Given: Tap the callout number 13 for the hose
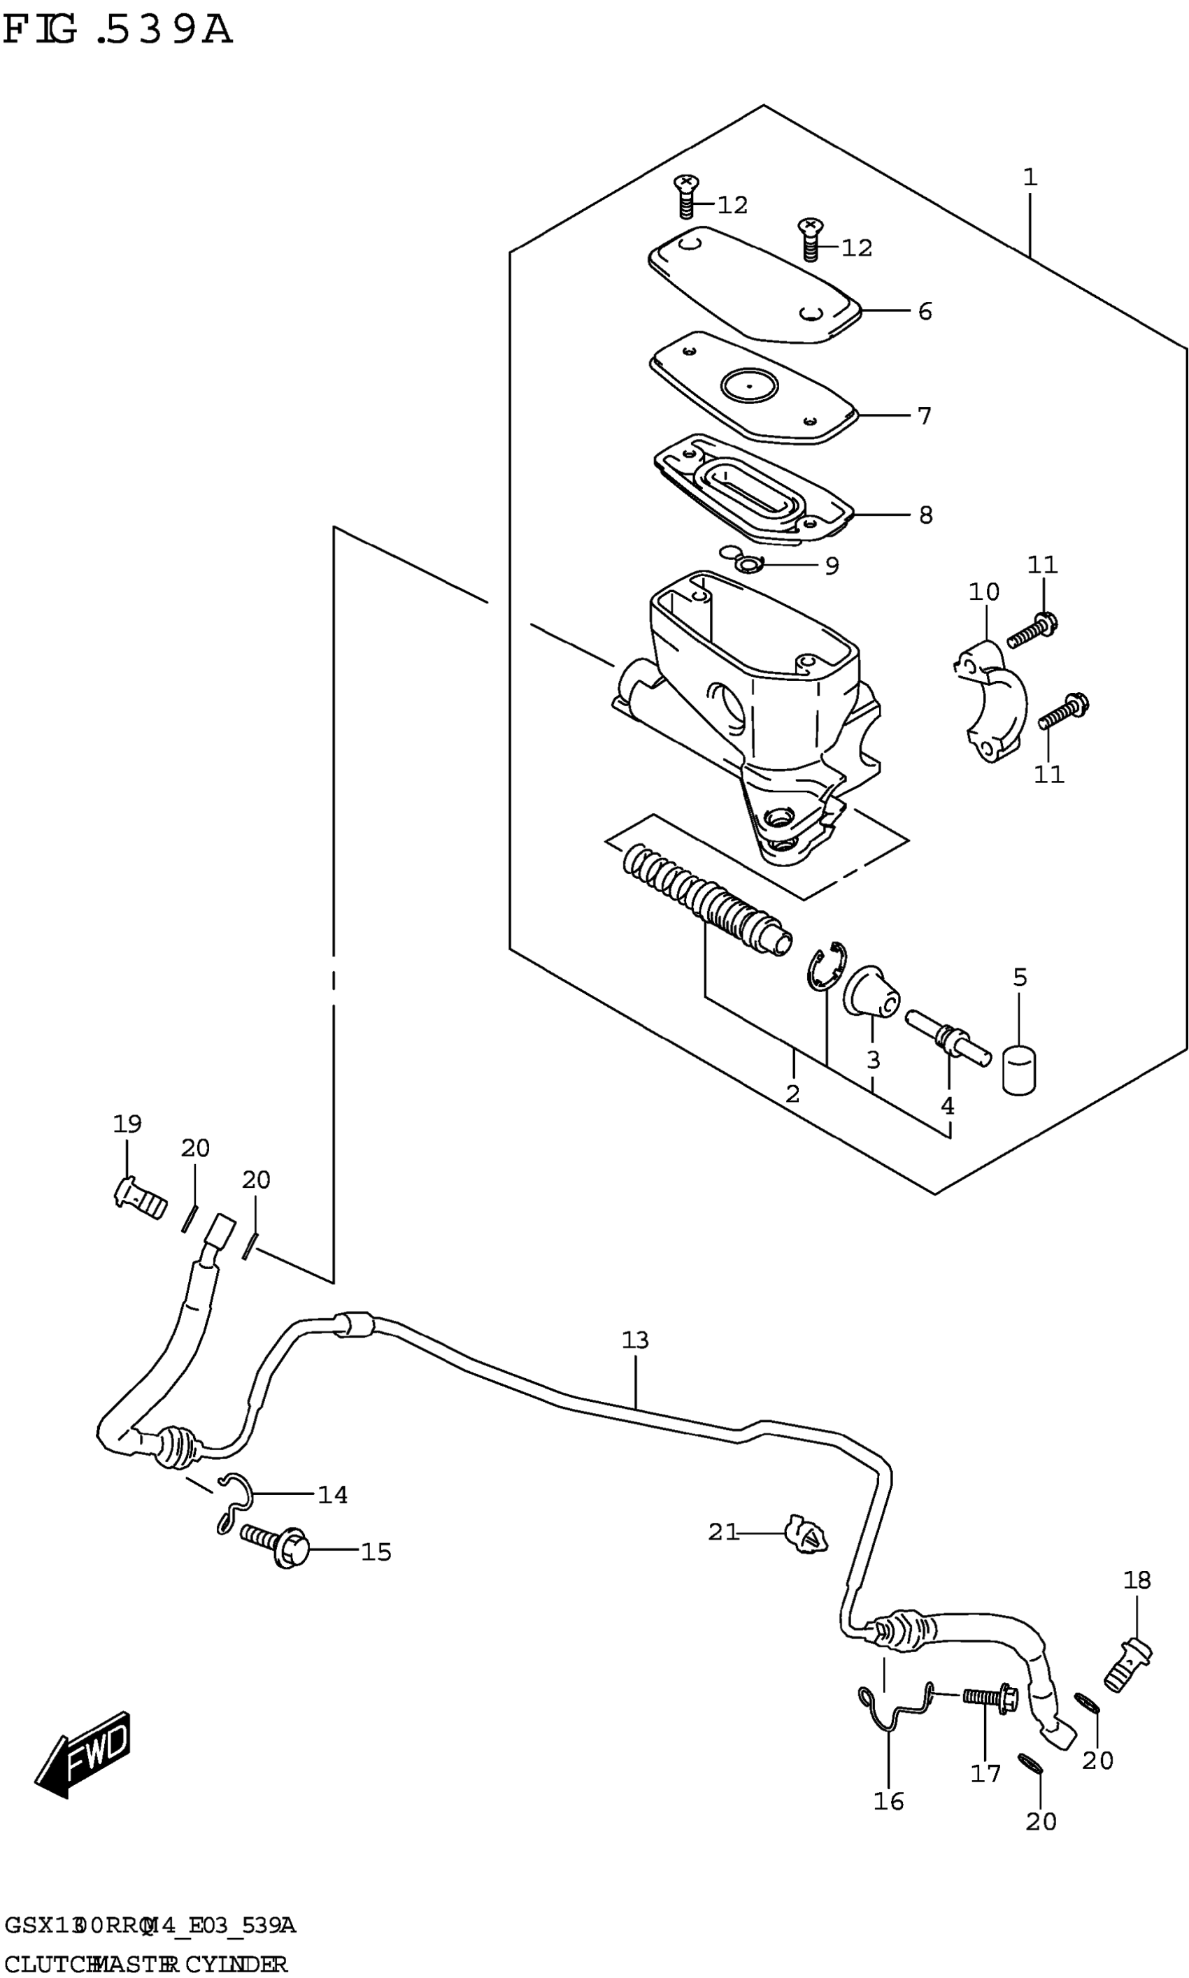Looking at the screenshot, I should tap(634, 1340).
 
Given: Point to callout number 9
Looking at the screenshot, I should tap(832, 566).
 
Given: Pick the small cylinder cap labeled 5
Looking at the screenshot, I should tap(1019, 1070).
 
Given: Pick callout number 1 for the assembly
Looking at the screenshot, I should tap(1030, 177).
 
